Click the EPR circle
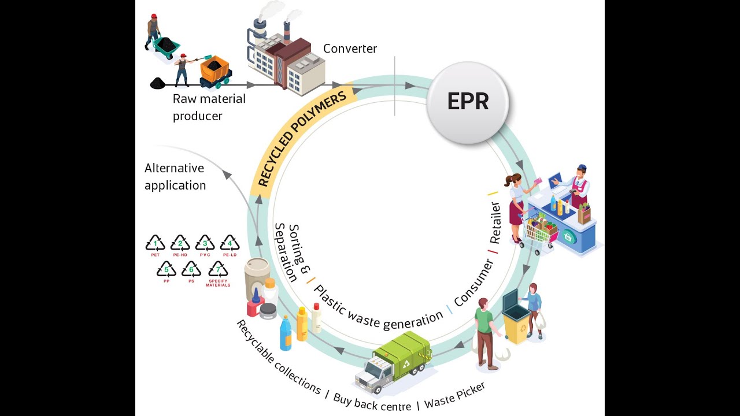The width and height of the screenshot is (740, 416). click(x=468, y=102)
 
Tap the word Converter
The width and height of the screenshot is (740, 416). click(x=350, y=49)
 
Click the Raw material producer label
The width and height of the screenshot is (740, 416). click(x=209, y=107)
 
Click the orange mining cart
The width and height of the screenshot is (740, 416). click(x=214, y=70)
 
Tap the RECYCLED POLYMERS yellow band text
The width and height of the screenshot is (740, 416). click(x=301, y=139)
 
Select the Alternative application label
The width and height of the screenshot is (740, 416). click(x=175, y=176)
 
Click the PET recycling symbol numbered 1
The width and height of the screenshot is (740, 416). click(x=155, y=244)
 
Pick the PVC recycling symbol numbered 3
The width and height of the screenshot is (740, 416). click(x=205, y=244)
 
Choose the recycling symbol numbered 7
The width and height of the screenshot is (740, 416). click(x=218, y=270)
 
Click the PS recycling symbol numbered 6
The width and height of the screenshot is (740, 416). click(x=191, y=270)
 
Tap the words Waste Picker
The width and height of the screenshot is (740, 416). click(x=455, y=395)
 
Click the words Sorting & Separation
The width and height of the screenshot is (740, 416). click(x=292, y=251)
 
